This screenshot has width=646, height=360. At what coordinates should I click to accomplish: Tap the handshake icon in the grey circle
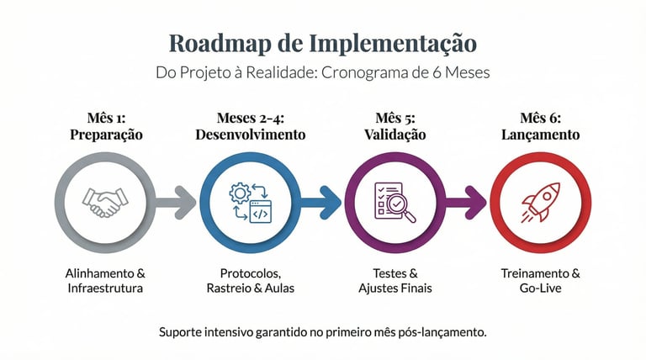pyautogui.click(x=104, y=201)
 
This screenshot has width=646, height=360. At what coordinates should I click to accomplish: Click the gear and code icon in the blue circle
pyautogui.click(x=250, y=201)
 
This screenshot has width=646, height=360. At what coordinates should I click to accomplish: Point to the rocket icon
pyautogui.click(x=540, y=201)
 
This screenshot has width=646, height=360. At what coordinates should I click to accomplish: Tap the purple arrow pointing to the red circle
pyautogui.click(x=466, y=202)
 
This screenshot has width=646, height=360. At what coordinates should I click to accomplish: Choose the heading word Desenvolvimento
pyautogui.click(x=250, y=135)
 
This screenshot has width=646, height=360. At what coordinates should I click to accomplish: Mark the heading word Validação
pyautogui.click(x=394, y=135)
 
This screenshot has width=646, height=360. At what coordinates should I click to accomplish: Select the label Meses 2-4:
pyautogui.click(x=250, y=118)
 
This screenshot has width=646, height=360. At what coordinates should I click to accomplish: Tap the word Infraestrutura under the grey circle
pyautogui.click(x=104, y=289)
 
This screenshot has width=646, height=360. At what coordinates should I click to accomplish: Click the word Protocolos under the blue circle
pyautogui.click(x=250, y=273)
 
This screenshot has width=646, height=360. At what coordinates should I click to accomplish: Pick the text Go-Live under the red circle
pyautogui.click(x=540, y=289)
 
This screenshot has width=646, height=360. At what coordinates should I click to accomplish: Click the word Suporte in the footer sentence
pyautogui.click(x=183, y=332)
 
